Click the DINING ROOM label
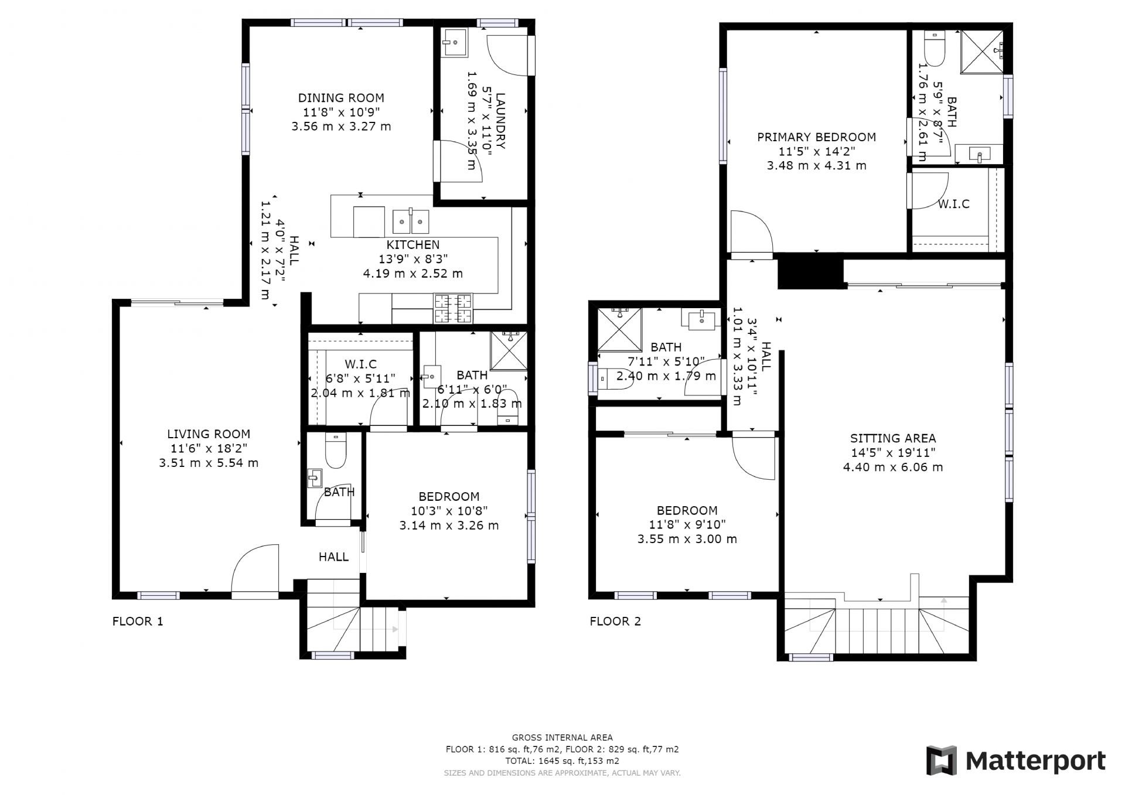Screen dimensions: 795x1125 click(341, 98)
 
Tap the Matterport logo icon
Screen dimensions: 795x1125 click(941, 761)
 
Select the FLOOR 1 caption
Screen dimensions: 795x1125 click(138, 622)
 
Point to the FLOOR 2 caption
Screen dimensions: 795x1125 click(615, 622)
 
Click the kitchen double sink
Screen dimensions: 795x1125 click(411, 221)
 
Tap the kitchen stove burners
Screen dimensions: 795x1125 click(453, 309)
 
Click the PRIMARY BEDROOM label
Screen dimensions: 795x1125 click(816, 137)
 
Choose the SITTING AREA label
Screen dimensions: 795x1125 click(892, 438)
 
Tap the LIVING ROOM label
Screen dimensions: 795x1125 click(209, 434)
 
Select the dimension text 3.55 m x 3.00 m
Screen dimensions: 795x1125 click(687, 539)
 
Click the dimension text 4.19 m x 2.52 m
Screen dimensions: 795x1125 click(412, 274)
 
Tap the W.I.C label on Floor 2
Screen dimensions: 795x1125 click(953, 204)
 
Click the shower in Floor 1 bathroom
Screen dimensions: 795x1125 click(509, 351)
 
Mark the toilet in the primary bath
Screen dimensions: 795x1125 click(932, 50)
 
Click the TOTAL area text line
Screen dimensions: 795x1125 click(562, 761)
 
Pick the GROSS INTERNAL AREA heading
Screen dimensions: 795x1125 click(562, 738)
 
